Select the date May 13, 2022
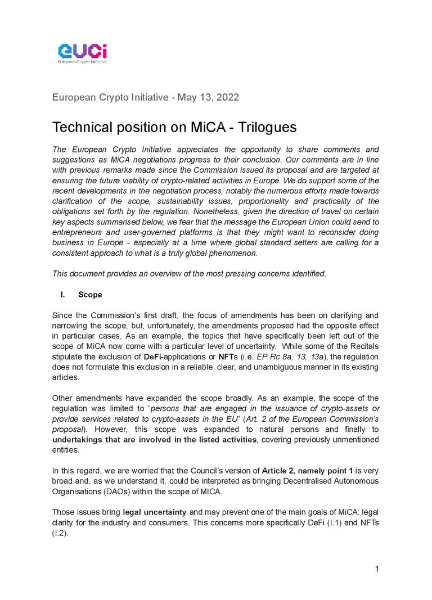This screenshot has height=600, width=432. [x=208, y=97]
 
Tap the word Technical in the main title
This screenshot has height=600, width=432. [x=84, y=127]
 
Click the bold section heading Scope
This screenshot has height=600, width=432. [x=90, y=295]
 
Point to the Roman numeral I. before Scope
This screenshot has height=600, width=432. [x=63, y=295]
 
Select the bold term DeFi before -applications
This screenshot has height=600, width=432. [x=154, y=357]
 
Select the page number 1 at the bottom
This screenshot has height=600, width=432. [x=377, y=569]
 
